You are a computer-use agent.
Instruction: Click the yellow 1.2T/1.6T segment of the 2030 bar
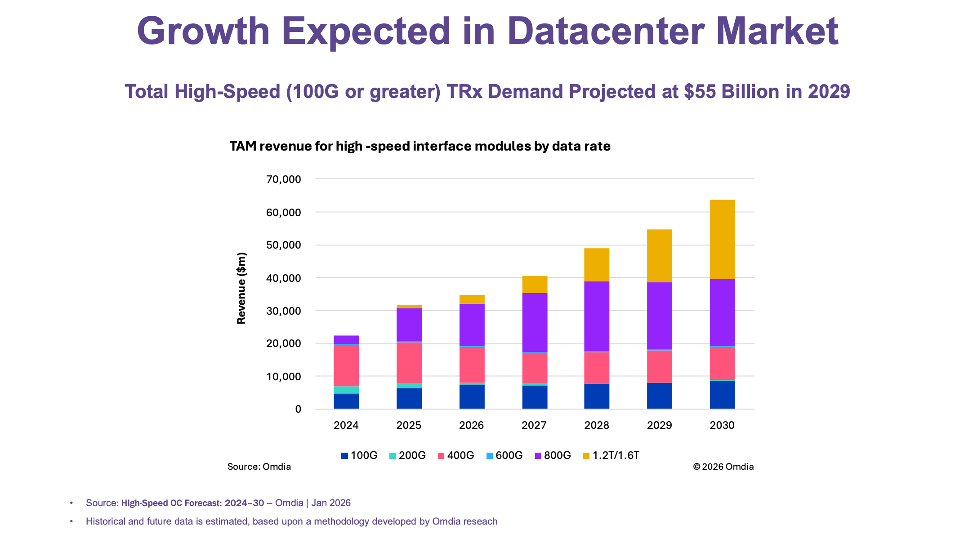pos(722,239)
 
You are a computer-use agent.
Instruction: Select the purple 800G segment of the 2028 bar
pos(597,316)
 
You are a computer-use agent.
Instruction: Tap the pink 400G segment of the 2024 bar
pos(346,365)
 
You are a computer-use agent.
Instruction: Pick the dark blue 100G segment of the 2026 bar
pos(472,396)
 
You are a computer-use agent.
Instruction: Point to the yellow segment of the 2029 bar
pos(659,256)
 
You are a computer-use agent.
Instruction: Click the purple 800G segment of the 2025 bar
pos(409,325)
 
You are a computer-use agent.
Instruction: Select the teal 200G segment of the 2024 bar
pos(346,390)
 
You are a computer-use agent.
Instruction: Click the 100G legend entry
pos(359,455)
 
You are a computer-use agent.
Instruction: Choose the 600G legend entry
pos(504,455)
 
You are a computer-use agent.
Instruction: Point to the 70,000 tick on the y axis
pos(283,179)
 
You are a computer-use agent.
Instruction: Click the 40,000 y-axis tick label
pos(283,278)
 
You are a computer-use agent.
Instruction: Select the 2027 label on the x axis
pos(534,425)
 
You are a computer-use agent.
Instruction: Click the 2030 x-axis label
pos(722,425)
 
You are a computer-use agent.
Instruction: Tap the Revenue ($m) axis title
pos(241,288)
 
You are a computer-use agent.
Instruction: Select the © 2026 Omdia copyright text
pos(723,467)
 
